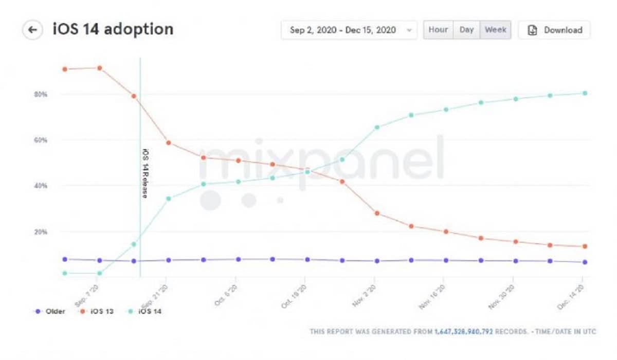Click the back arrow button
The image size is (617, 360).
[32, 30]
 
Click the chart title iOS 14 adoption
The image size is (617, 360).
[113, 29]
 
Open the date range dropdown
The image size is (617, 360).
[349, 30]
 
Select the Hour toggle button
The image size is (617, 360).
[438, 30]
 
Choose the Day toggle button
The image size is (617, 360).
[466, 30]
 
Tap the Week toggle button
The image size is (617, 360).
[496, 30]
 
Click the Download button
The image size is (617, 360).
[555, 30]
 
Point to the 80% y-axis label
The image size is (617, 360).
[41, 95]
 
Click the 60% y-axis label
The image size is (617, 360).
[41, 140]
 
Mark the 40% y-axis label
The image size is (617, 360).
[41, 186]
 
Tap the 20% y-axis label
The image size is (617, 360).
[41, 232]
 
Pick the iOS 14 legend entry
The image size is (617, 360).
[145, 312]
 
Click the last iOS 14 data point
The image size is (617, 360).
[585, 93]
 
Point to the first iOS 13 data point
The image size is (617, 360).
[65, 69]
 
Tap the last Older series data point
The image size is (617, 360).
[585, 262]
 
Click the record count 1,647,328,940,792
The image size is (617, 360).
[464, 332]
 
